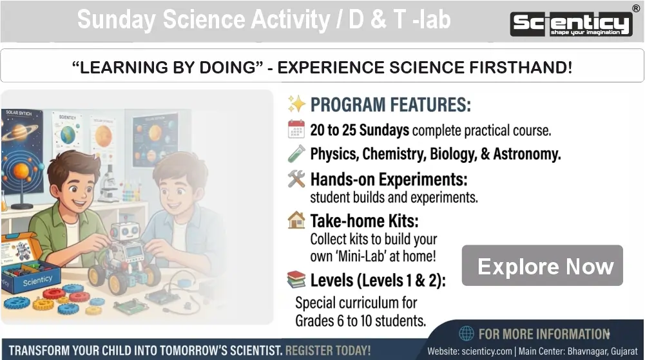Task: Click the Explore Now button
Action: pos(542,265)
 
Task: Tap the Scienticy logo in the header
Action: pos(572,24)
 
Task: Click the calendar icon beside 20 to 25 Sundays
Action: pos(296,129)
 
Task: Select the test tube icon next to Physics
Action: pos(296,154)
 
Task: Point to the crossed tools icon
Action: pos(296,179)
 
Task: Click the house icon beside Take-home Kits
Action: pos(296,220)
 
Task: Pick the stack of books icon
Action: pos(296,279)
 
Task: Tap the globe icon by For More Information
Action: pos(467,334)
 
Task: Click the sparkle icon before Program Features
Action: pos(296,104)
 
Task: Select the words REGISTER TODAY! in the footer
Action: pos(328,350)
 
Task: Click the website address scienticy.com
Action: pos(486,352)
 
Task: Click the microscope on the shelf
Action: pos(108,184)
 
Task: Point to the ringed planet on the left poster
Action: pos(20,132)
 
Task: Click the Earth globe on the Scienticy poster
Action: pos(68,135)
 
